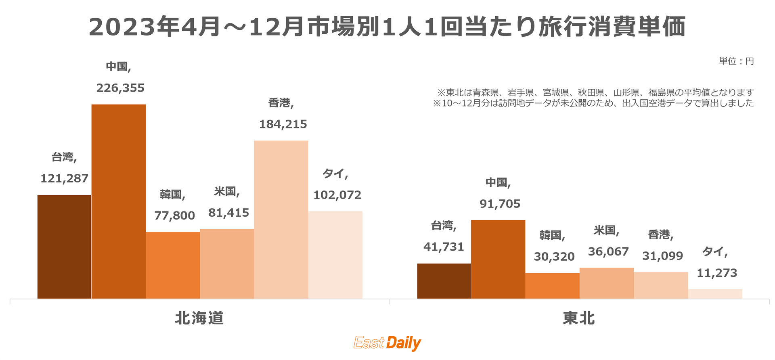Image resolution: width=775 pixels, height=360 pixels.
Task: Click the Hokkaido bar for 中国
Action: [118, 201]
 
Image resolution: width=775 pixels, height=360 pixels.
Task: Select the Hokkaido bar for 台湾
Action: [64, 247]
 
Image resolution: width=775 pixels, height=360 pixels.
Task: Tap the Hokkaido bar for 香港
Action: [281, 220]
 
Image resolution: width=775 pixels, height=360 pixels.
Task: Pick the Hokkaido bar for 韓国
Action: [173, 265]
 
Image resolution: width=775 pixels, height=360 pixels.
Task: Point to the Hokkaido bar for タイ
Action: [335, 255]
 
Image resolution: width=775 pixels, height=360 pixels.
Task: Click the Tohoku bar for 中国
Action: [498, 259]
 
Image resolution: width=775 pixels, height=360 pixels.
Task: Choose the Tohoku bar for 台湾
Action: [444, 281]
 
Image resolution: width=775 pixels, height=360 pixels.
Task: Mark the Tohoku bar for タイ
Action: [715, 294]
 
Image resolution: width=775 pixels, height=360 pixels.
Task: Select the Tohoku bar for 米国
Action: [606, 283]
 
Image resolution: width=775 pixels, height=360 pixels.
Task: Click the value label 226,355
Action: [120, 88]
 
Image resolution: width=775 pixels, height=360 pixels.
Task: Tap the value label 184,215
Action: [283, 124]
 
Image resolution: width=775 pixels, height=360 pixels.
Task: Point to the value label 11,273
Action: [717, 273]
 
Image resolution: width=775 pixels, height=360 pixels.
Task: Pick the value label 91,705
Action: [500, 204]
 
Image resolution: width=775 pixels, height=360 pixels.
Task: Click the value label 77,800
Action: [174, 216]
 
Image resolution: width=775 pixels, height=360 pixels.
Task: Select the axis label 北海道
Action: [199, 318]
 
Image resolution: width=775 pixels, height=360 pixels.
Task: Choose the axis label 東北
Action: [579, 318]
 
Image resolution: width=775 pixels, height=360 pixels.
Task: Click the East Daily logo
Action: [387, 343]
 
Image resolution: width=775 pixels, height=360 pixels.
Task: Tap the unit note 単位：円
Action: [736, 61]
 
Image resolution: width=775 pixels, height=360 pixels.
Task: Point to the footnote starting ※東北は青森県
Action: [595, 92]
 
